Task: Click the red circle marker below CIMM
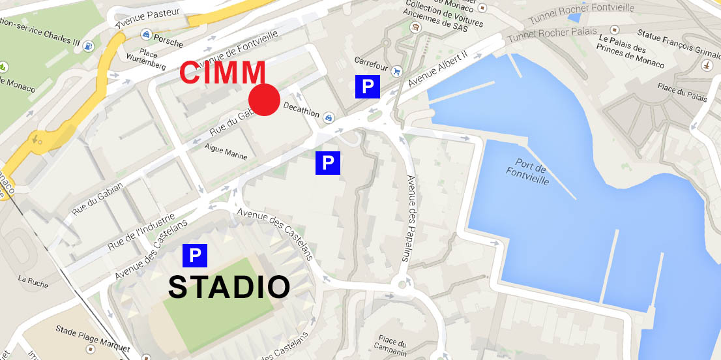click(x=264, y=100)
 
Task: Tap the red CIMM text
click(x=223, y=73)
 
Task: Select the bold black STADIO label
click(x=229, y=288)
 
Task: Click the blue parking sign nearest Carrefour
click(x=368, y=87)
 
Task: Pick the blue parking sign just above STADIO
click(x=194, y=256)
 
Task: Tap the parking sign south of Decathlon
click(x=328, y=163)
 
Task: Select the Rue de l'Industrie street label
click(x=141, y=232)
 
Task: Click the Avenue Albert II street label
click(x=438, y=70)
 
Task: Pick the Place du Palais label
click(x=682, y=93)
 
